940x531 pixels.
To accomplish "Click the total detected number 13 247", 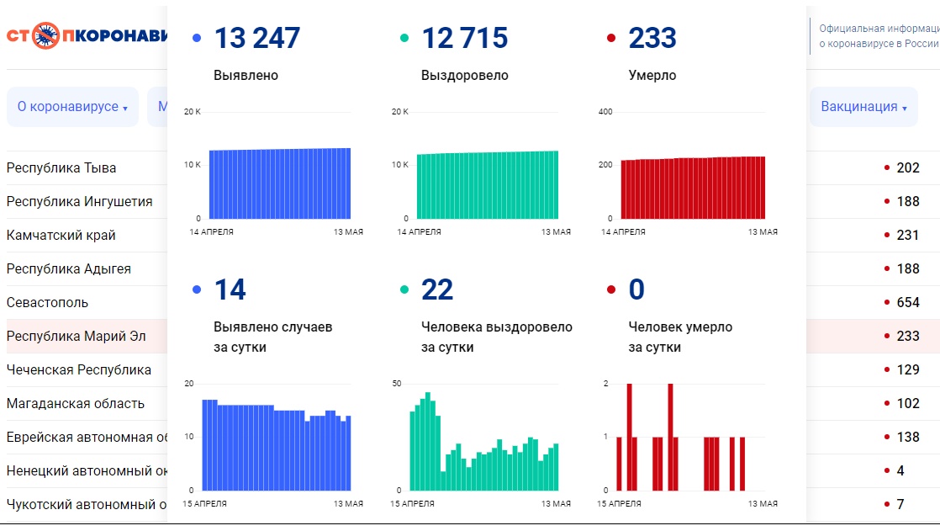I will [x=256, y=38].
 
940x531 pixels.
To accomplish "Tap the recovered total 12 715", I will [x=464, y=38].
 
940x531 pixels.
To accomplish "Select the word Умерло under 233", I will [x=652, y=76].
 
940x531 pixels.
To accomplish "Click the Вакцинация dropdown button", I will [x=863, y=107].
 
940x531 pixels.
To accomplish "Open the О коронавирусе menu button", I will [x=72, y=107].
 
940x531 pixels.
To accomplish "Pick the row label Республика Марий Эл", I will [x=76, y=336].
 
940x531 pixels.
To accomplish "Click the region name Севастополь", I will [x=47, y=302].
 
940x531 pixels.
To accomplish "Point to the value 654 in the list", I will [x=908, y=302].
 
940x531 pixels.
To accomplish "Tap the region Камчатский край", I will [x=61, y=235].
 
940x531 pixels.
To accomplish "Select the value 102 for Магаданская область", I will [x=908, y=403].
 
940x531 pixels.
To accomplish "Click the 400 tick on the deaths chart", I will [x=605, y=112].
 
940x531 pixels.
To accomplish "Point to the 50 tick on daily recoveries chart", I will [x=397, y=384].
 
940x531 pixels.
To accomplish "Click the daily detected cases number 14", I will [x=230, y=289].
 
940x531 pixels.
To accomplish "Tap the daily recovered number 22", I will [x=437, y=289].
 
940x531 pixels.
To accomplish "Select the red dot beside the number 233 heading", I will [x=611, y=38].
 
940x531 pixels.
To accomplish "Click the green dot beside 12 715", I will [x=404, y=38].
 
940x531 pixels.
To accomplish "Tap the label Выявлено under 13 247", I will [x=246, y=76].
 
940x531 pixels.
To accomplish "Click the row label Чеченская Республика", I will [x=79, y=369].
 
